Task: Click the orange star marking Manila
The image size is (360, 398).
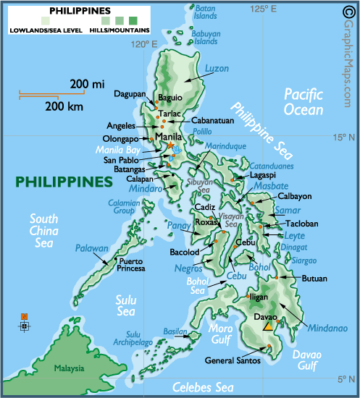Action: coord(171,145)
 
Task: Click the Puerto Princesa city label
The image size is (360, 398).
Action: coord(132,264)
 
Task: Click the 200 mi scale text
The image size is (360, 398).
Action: coord(88,85)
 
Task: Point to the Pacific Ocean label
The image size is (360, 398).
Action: coord(306,101)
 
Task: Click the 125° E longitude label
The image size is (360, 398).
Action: coord(264,9)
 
